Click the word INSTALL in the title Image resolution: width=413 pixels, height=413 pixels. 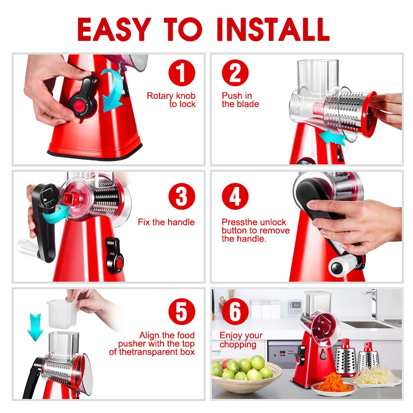[273, 29]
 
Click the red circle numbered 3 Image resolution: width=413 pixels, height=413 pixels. [182, 197]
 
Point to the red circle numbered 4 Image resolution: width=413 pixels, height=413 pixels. [235, 197]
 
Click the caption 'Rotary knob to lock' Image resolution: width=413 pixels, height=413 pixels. [171, 100]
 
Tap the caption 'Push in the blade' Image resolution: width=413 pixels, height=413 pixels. [240, 100]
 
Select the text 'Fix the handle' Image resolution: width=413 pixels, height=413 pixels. [166, 222]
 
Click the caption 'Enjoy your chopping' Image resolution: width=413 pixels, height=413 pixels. [241, 339]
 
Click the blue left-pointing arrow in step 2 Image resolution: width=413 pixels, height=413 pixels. [333, 138]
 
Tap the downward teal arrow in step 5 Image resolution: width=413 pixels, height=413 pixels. [36, 326]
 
